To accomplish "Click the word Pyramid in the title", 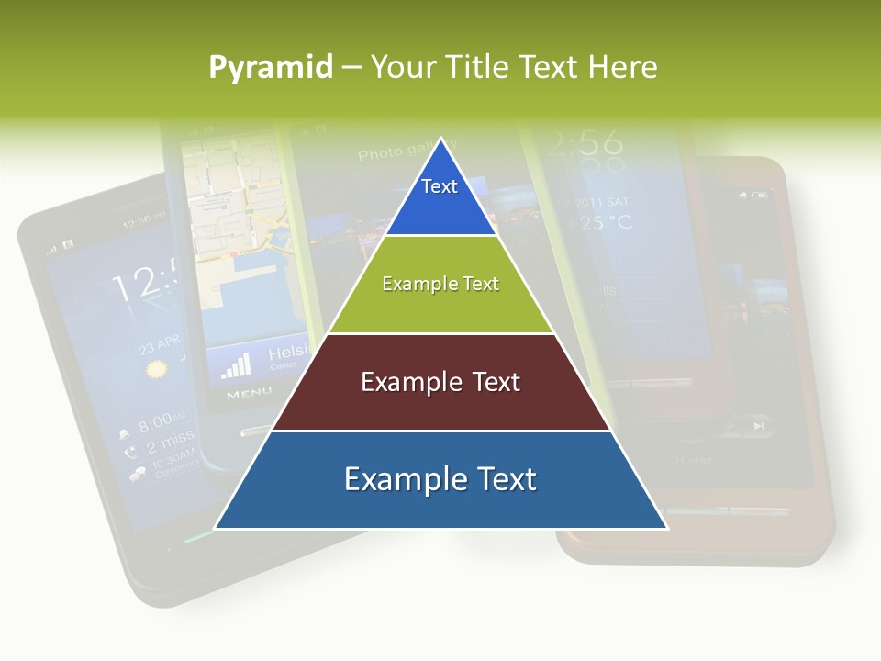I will (x=270, y=68).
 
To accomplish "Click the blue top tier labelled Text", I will (x=440, y=193).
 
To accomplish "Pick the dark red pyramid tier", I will (x=440, y=382).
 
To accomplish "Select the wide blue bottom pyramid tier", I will (x=440, y=479).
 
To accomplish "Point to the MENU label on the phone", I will (x=249, y=394).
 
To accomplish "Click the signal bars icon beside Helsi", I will (x=237, y=364).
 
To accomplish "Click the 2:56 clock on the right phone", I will (x=584, y=144).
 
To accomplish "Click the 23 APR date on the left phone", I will (x=159, y=347).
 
